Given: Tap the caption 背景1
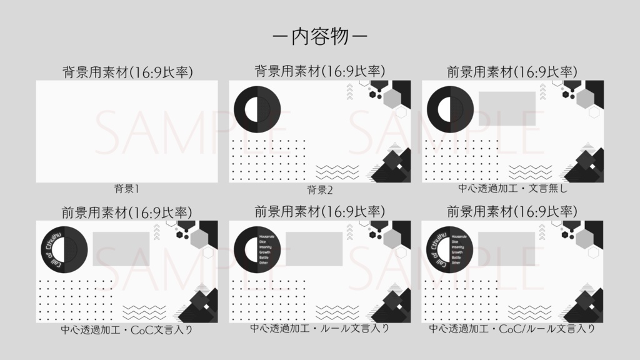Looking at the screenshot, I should point(126,188).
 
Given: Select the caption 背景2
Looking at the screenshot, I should point(320,189).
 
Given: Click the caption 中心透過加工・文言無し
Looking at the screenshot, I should point(512,187).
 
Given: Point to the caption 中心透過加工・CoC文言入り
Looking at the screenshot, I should point(127,329).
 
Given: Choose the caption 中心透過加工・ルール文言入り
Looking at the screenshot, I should point(320,328).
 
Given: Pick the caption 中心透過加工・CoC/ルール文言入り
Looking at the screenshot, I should point(512,328).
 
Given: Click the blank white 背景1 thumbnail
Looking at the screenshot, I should point(127,131).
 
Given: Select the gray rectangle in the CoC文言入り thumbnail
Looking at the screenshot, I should point(121,249).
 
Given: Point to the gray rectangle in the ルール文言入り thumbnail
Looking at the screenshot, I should point(314,249).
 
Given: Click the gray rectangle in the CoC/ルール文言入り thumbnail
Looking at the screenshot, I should point(507,249).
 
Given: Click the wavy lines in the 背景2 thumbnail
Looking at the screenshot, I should point(337,172).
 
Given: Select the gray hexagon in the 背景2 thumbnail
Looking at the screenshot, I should point(392,97).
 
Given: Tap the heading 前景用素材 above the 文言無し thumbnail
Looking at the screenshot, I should point(512,72).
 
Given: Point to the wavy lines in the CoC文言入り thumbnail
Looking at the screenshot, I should point(144,312).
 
